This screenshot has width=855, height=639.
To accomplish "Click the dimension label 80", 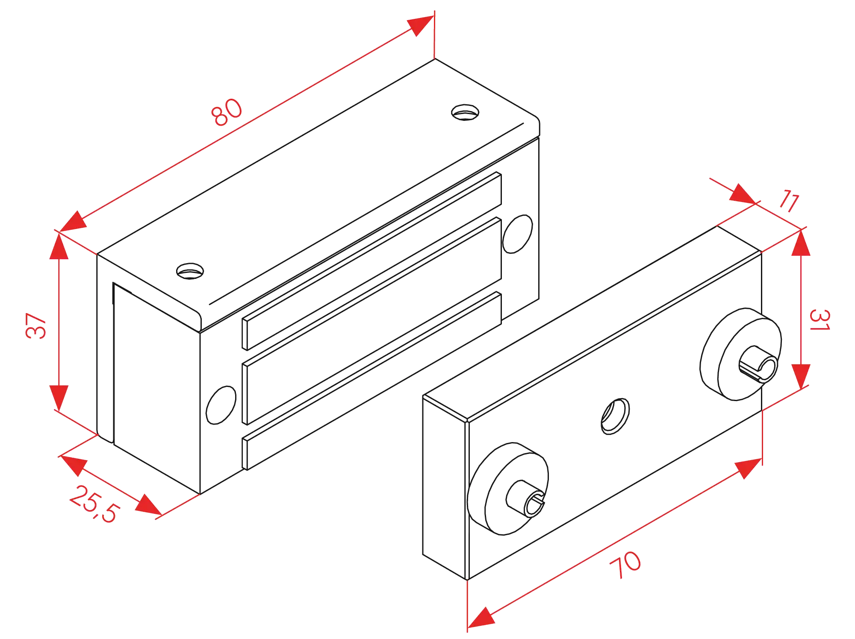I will (227, 112).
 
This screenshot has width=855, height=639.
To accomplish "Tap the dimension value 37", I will (36, 325).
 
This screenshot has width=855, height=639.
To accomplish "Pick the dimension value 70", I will (625, 565).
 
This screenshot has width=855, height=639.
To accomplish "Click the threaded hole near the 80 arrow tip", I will (465, 112).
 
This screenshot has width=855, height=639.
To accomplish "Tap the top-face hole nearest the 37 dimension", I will (189, 271).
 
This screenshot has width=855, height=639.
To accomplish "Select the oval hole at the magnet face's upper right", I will (517, 233).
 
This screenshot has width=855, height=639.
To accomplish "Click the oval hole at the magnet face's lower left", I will (221, 405).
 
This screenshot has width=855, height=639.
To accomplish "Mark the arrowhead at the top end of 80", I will (419, 26).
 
